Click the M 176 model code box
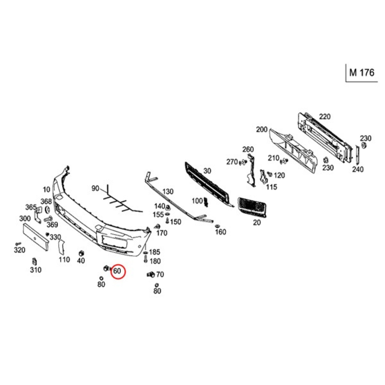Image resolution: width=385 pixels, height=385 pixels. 362,73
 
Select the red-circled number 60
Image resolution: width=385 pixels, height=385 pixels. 117,271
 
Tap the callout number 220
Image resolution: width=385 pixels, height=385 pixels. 325,117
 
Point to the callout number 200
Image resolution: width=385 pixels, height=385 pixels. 262,129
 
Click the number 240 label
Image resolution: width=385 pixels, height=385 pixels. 358,169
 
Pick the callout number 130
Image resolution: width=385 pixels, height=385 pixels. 168,191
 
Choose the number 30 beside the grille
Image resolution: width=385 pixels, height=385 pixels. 207,171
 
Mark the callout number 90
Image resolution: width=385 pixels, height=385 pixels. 95,188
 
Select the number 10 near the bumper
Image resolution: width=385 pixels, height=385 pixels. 46,190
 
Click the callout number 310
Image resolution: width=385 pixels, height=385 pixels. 36,270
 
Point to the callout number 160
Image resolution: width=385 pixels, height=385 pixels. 220,232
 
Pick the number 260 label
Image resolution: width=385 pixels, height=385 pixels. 248,149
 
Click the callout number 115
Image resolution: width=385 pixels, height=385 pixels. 272,187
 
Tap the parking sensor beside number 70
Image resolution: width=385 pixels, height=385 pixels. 151,275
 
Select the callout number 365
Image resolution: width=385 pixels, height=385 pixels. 31,207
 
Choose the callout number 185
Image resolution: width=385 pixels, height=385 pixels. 155,252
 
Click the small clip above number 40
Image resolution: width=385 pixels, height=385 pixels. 81,253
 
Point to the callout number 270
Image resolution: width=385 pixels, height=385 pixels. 232,162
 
